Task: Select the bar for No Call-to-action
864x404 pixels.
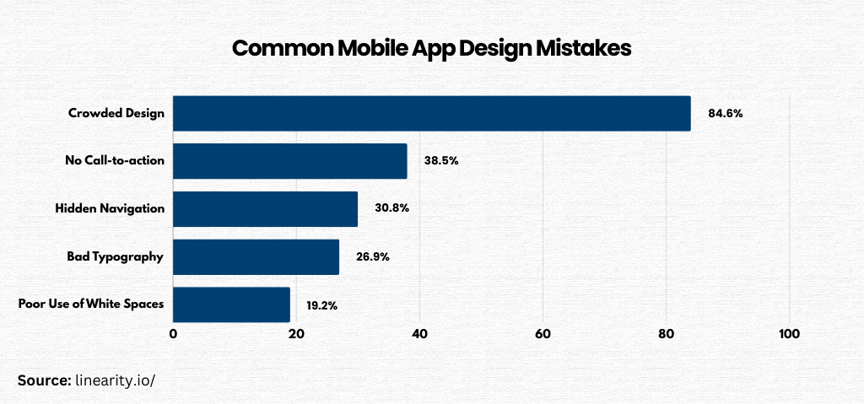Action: point(290,160)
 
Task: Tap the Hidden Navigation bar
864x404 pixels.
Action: point(266,208)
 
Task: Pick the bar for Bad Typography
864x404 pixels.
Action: point(256,256)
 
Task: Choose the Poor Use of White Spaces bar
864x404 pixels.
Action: point(232,304)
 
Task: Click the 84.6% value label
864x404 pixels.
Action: point(726,113)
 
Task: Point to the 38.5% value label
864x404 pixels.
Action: point(441,160)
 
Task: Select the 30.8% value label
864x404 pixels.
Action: point(392,208)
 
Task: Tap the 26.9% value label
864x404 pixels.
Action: point(372,256)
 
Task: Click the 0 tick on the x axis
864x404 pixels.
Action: point(173,334)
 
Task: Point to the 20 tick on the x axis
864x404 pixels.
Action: point(296,334)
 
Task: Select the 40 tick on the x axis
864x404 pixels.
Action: point(419,334)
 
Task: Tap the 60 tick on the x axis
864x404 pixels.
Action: point(543,334)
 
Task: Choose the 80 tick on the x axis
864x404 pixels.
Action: point(666,334)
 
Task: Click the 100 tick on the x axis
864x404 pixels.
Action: point(789,334)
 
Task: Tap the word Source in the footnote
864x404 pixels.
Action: point(43,380)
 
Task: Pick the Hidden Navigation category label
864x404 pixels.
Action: point(110,208)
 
